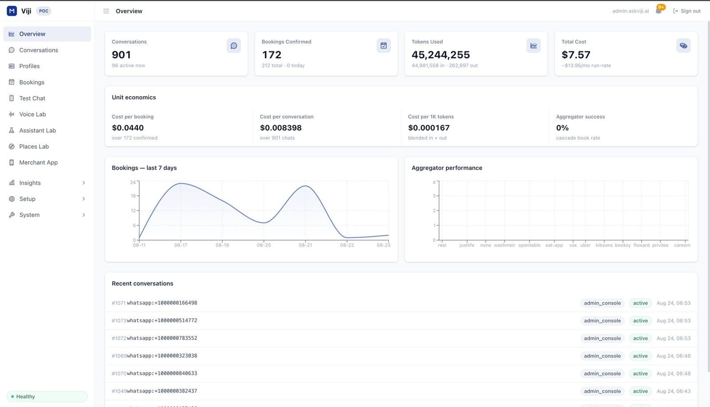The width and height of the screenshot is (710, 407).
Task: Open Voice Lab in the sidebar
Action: click(x=32, y=114)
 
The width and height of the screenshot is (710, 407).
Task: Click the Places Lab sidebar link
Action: click(x=34, y=146)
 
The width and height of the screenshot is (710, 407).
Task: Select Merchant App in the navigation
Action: click(x=38, y=162)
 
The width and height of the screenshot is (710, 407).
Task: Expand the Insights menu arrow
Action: click(x=83, y=183)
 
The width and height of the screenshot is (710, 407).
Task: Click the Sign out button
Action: click(x=686, y=11)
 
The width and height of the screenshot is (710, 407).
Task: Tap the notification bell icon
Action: click(x=659, y=11)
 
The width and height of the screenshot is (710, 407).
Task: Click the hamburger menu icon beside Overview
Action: click(x=106, y=11)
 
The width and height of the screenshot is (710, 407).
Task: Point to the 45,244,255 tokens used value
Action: click(x=441, y=55)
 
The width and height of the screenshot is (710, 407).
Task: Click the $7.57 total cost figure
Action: click(x=576, y=55)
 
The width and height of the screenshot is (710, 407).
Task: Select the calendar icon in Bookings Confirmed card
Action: click(x=383, y=46)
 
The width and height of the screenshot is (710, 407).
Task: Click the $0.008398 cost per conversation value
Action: click(x=280, y=128)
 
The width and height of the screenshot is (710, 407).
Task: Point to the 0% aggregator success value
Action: click(x=562, y=128)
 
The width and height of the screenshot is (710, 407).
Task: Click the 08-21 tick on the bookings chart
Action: click(x=305, y=245)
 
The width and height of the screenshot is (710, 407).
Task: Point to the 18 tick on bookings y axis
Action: click(x=133, y=196)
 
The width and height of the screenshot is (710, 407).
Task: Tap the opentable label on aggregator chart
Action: click(x=529, y=245)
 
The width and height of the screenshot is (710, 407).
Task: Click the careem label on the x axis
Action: click(x=682, y=245)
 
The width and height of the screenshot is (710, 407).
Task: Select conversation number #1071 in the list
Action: click(x=118, y=303)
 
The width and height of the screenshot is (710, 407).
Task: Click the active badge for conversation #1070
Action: click(x=640, y=373)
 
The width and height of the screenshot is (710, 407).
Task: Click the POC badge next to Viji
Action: click(x=44, y=11)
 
